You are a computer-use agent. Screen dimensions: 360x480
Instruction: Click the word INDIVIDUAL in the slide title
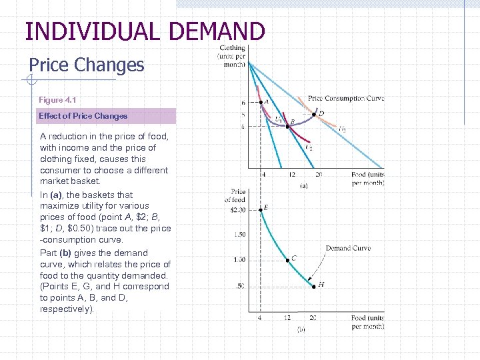tap(91, 31)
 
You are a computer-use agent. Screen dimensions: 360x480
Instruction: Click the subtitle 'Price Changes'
tap(87, 65)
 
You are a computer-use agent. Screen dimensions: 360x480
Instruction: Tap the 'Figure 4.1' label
tap(57, 100)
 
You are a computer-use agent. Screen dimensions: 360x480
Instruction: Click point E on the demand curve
tap(260, 209)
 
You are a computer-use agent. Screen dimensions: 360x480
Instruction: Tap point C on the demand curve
tap(287, 260)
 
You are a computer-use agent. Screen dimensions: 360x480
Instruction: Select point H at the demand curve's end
tap(314, 286)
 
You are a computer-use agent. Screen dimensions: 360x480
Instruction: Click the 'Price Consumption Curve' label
tap(346, 99)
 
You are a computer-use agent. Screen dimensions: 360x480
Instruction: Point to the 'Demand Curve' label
tap(348, 248)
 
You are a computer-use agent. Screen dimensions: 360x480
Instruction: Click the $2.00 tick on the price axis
tap(237, 210)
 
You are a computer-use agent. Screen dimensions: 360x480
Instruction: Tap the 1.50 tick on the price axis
tap(240, 235)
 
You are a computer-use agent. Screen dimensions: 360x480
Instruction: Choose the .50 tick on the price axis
tap(241, 286)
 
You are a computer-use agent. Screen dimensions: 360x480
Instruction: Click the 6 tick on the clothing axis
tap(243, 103)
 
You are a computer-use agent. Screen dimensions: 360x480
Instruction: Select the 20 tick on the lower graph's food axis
tap(314, 318)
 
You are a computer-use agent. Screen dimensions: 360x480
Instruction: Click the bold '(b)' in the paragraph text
tap(65, 253)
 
